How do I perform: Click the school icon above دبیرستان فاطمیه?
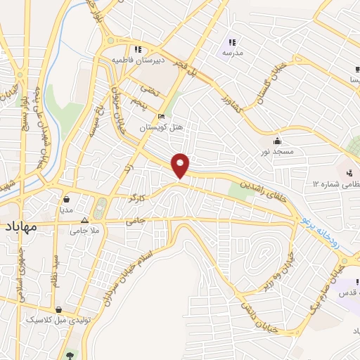click(138, 49)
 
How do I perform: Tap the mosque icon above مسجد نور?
click(278, 140)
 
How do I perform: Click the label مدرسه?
click(232, 53)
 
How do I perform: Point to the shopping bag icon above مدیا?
click(67, 199)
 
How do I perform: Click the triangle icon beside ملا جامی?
click(84, 220)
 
